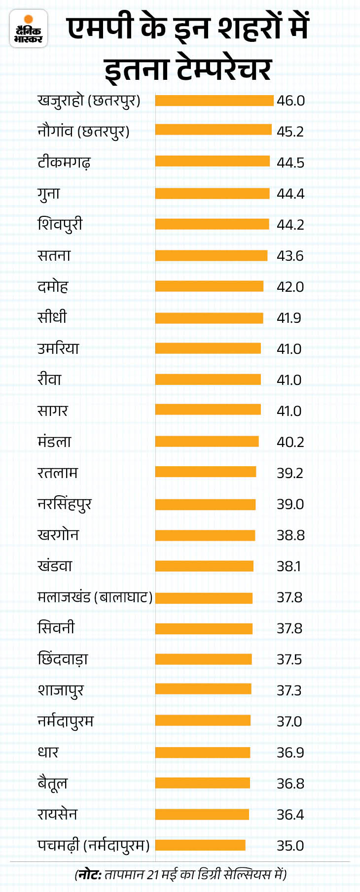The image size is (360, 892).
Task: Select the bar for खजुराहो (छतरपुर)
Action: coord(214,101)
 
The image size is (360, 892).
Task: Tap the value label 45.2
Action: coord(290,132)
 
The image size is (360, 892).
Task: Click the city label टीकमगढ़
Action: coord(64,162)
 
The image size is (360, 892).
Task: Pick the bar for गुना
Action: coord(212,194)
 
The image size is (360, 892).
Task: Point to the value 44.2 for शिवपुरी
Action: coord(290,225)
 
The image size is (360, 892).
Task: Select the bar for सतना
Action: coord(211,255)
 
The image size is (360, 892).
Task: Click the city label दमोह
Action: coord(53,286)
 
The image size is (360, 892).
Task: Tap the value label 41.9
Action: coord(289,318)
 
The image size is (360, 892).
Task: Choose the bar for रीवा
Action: coord(208,379)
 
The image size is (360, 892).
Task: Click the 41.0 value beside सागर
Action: coord(289,411)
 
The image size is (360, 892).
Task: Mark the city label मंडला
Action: coord(54,442)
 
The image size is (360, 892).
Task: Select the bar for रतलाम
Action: coord(206,472)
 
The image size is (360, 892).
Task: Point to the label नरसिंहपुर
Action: coord(65,504)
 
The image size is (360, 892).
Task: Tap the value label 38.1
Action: coord(288,566)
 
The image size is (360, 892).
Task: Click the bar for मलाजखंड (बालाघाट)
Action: coord(204,598)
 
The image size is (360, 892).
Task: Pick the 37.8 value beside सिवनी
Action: coord(289,628)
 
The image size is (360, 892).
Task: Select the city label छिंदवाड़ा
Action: coord(63,659)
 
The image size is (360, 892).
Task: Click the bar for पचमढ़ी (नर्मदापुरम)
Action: coord(200,845)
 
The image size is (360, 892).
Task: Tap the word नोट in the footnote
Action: coord(89,874)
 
